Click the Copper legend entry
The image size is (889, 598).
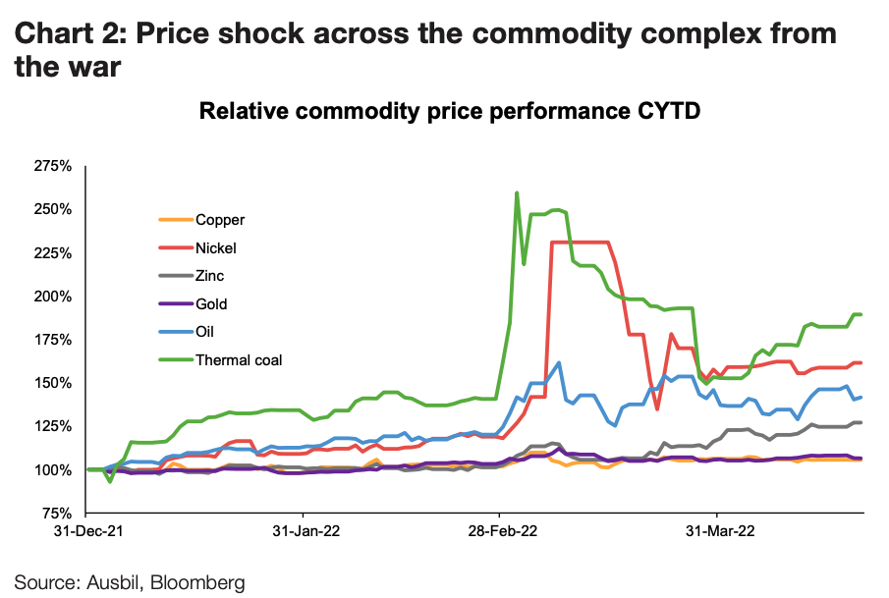tap(220, 220)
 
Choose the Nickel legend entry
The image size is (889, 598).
tap(216, 248)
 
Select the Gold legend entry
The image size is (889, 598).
tap(213, 304)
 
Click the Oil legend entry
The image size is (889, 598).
tap(206, 332)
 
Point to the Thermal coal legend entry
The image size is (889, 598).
tap(239, 360)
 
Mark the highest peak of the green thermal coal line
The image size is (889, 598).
tap(517, 193)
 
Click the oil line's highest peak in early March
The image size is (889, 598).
tap(558, 362)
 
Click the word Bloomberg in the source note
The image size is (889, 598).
tap(199, 581)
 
